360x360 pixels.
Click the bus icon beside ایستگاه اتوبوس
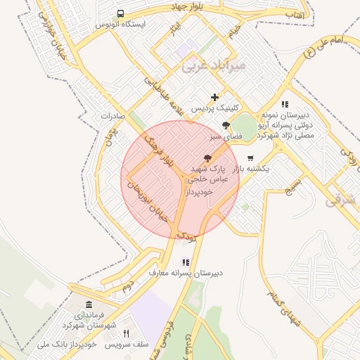[121, 13]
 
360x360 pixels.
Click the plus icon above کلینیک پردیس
[214, 97]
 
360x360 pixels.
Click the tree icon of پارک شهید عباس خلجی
[207, 158]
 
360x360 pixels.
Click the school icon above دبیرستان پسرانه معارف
[186, 262]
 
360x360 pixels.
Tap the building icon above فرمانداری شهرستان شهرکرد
[89, 304]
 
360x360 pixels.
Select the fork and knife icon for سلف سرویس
[127, 333]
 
